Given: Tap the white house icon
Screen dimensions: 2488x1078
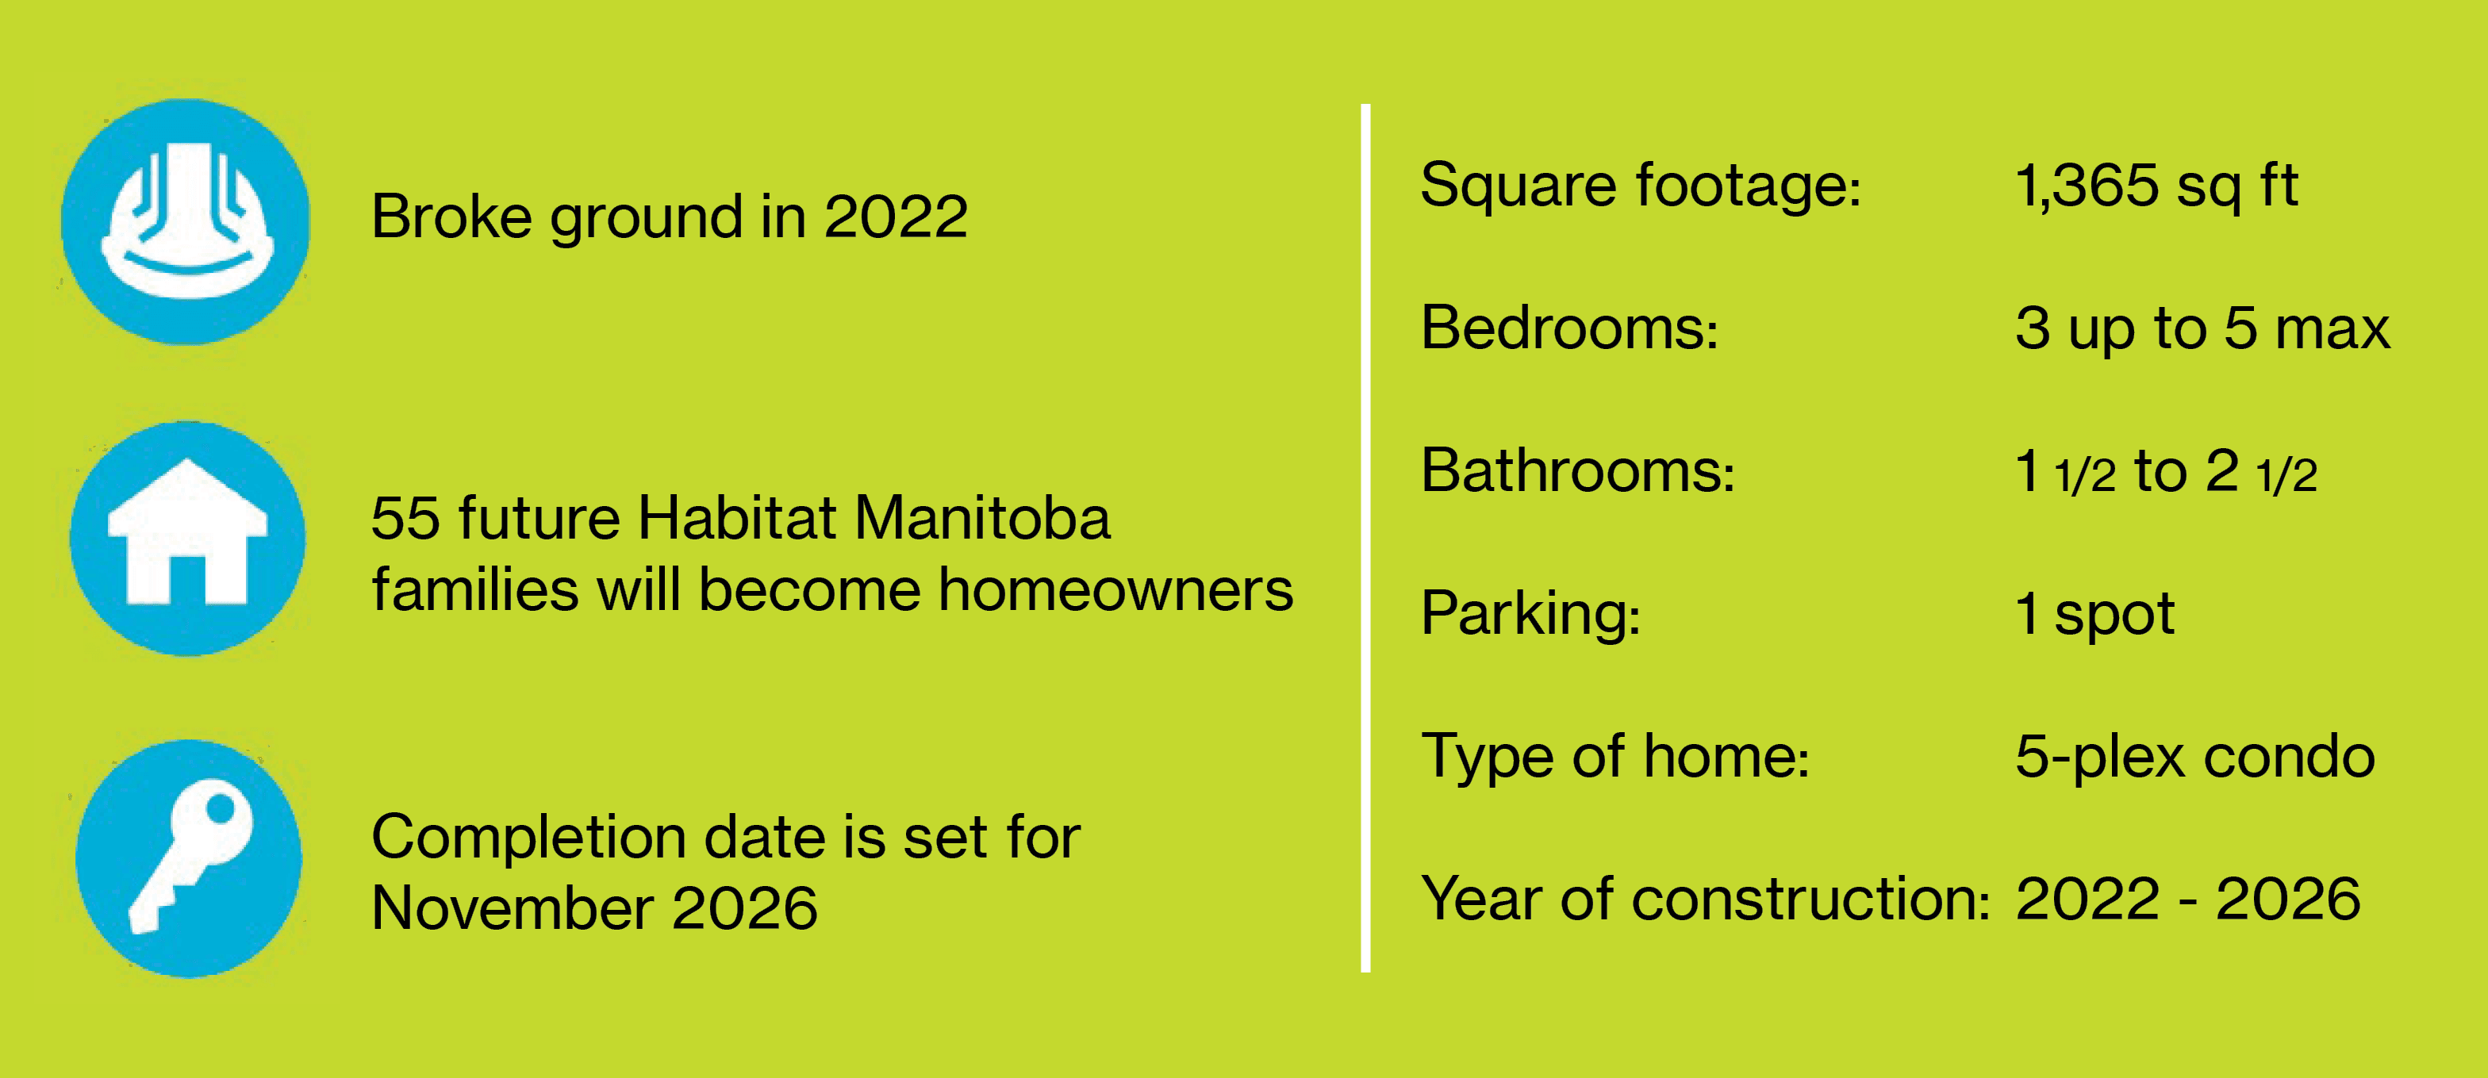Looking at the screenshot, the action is pyautogui.click(x=187, y=532).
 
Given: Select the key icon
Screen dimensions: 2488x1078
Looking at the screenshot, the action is pyautogui.click(x=191, y=856).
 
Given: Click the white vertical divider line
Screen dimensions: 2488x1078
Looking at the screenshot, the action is pyautogui.click(x=1365, y=538).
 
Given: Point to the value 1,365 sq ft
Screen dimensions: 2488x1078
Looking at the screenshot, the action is pyautogui.click(x=2156, y=186).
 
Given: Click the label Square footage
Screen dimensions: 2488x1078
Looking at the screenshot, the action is pyautogui.click(x=1640, y=185).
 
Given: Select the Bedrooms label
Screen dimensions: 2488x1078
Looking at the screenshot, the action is pyautogui.click(x=1569, y=328).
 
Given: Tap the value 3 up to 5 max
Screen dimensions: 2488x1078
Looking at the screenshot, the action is pyautogui.click(x=2202, y=329).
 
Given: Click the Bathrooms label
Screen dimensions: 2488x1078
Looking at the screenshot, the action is pyautogui.click(x=1578, y=470).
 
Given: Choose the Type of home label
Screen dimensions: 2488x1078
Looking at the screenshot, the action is pyautogui.click(x=1615, y=755).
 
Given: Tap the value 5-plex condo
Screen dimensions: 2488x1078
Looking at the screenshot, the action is pyautogui.click(x=2195, y=756).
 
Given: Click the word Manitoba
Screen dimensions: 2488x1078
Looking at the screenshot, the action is pyautogui.click(x=982, y=518).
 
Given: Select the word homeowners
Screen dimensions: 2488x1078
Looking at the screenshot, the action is pyautogui.click(x=1115, y=589).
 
